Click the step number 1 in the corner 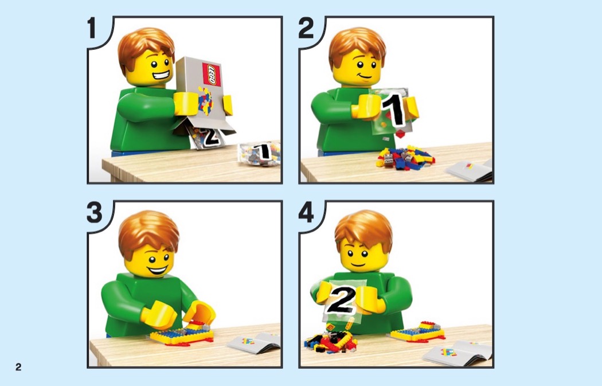pyautogui.click(x=91, y=28)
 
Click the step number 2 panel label pyautogui.click(x=306, y=28)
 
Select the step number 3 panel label pyautogui.click(x=95, y=212)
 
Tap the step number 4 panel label pyautogui.click(x=306, y=212)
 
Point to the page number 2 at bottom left pyautogui.click(x=18, y=367)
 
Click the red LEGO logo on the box pyautogui.click(x=212, y=75)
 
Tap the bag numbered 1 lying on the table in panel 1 pyautogui.click(x=260, y=154)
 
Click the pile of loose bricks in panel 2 pyautogui.click(x=405, y=158)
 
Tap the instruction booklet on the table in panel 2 pyautogui.click(x=469, y=170)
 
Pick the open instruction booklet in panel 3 pyautogui.click(x=254, y=342)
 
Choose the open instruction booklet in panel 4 pyautogui.click(x=457, y=353)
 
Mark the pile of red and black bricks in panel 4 pyautogui.click(x=330, y=341)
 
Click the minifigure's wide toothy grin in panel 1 pyautogui.click(x=161, y=75)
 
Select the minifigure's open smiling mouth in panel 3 pyautogui.click(x=158, y=270)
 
